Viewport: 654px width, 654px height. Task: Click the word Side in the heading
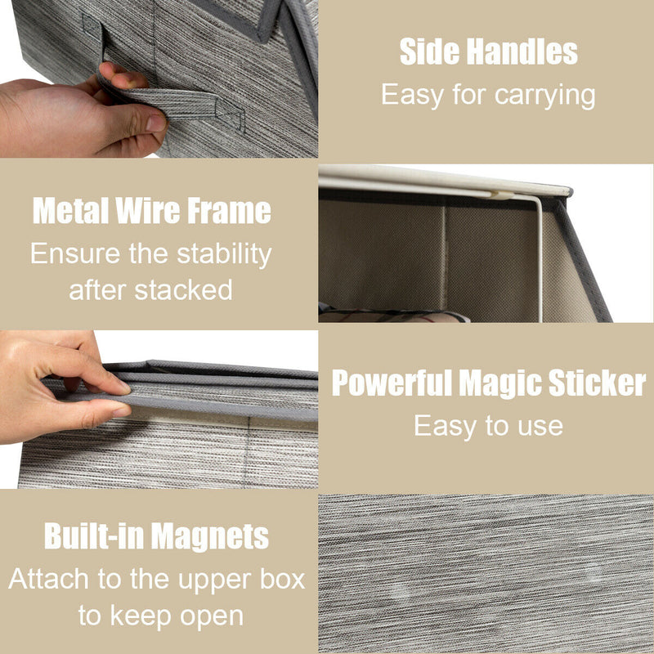pyautogui.click(x=429, y=52)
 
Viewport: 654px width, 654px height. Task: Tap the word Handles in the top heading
pyautogui.click(x=522, y=52)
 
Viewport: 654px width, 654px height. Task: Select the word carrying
pyautogui.click(x=544, y=96)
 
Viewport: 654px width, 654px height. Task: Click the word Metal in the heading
pyautogui.click(x=71, y=210)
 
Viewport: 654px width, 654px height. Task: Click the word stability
pyautogui.click(x=224, y=254)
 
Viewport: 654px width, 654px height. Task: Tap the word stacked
pyautogui.click(x=183, y=290)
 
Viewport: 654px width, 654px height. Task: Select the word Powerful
pyautogui.click(x=392, y=383)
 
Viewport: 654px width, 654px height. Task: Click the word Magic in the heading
pyautogui.click(x=500, y=383)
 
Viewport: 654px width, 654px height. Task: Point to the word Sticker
pyautogui.click(x=598, y=383)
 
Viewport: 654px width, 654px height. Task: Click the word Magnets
pyautogui.click(x=210, y=536)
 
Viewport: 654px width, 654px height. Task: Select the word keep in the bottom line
pyautogui.click(x=141, y=616)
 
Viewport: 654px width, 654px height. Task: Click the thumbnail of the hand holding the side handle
pyautogui.click(x=159, y=78)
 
